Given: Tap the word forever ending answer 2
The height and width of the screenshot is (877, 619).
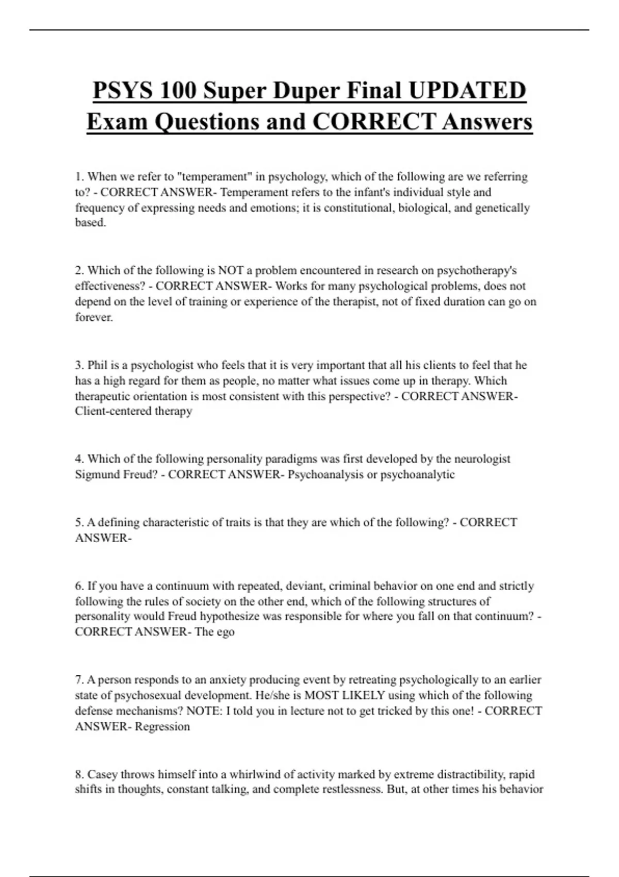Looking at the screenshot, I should (93, 317).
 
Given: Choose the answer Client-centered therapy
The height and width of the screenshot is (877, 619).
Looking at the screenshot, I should (134, 411).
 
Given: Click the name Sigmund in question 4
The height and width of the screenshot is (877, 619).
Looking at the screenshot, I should (97, 475).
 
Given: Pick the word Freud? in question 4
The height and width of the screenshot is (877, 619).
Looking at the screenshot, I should (140, 475).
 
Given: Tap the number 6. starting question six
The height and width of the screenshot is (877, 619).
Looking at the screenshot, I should (79, 586).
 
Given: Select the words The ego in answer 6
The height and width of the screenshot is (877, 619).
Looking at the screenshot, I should (215, 632).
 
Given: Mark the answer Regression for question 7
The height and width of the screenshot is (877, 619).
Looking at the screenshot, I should (162, 726).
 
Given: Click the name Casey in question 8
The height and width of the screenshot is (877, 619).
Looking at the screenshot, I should (103, 774).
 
